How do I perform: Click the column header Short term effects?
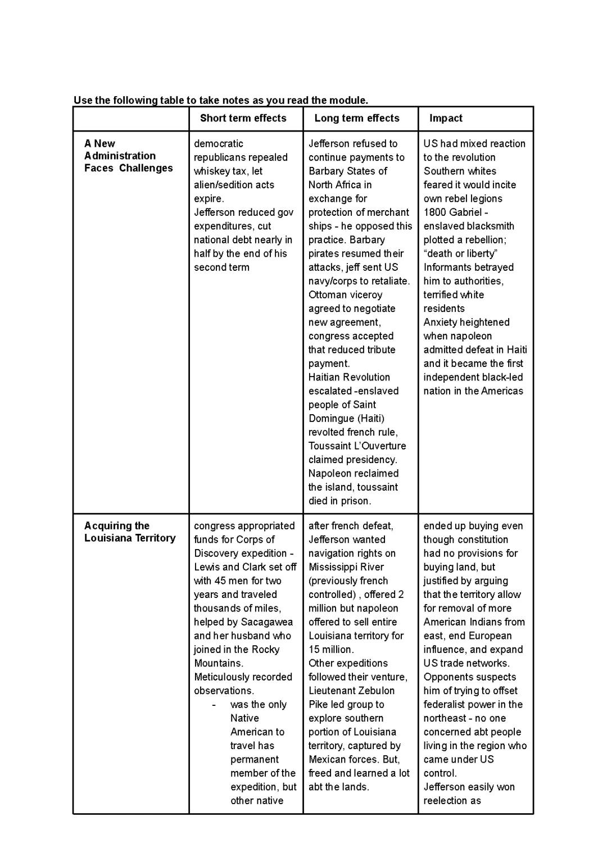(x=243, y=118)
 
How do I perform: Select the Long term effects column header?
(x=356, y=118)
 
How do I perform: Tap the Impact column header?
(x=446, y=118)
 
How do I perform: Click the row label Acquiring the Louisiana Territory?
(x=130, y=532)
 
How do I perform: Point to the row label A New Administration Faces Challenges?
(x=128, y=156)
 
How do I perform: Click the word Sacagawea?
(x=267, y=622)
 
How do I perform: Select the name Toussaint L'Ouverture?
(x=357, y=446)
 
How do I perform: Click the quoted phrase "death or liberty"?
(x=460, y=253)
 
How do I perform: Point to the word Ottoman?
(x=327, y=295)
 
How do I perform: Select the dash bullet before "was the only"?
(x=214, y=705)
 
